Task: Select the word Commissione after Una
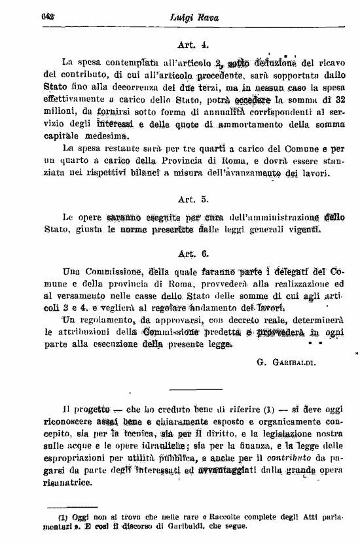tap(105, 271)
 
